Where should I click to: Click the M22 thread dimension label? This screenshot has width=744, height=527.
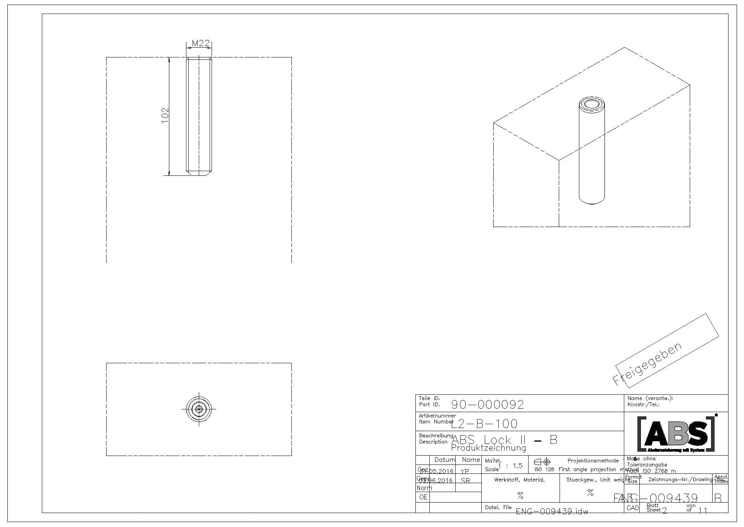coord(201,43)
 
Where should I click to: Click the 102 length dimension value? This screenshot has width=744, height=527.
coord(165,115)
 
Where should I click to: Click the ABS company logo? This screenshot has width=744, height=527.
coord(677,433)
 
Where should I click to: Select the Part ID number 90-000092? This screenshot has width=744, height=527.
coord(487,405)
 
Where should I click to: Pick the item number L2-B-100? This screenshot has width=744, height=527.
coord(484,423)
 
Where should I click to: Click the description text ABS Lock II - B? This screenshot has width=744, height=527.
coord(504,440)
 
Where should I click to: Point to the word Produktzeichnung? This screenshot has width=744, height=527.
coord(489,448)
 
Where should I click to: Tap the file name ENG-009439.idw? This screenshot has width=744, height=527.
coord(552,511)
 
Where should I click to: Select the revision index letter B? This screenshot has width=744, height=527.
coord(718,498)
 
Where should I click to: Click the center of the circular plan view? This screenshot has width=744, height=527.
coord(199,409)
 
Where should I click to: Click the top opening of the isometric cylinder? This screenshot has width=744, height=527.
coord(592,104)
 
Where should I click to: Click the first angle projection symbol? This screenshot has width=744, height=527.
coord(542,462)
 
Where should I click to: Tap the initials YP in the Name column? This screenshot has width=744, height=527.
coord(465,471)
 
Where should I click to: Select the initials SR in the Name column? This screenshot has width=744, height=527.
coord(465,480)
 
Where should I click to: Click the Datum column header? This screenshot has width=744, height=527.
coord(444,460)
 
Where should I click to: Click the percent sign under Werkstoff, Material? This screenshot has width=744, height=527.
coord(520,496)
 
